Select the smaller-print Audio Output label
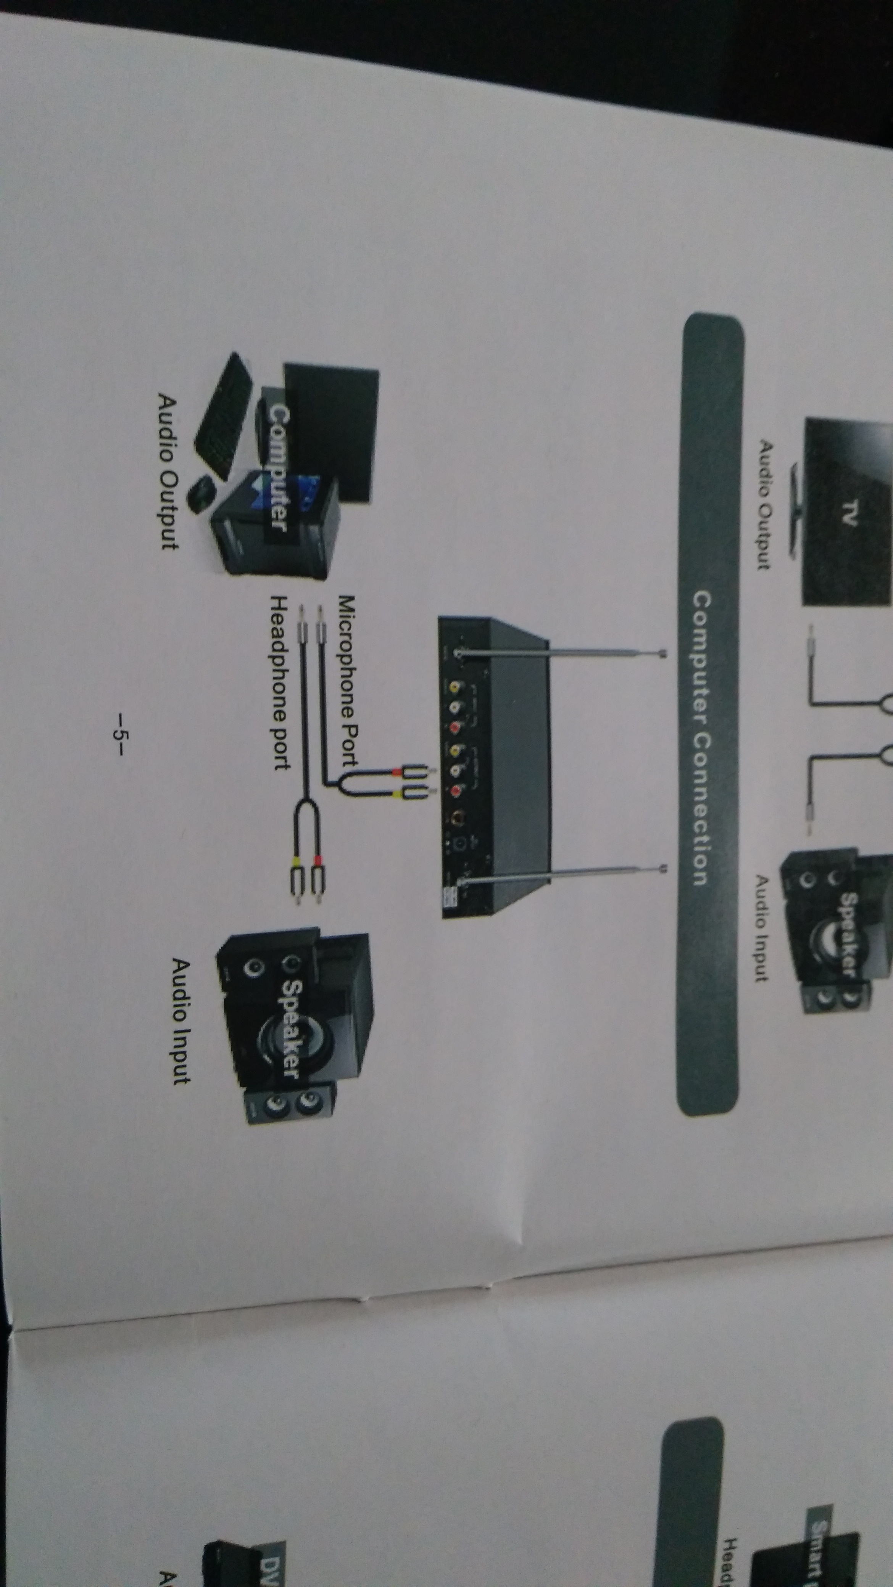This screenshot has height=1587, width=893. [x=764, y=504]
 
